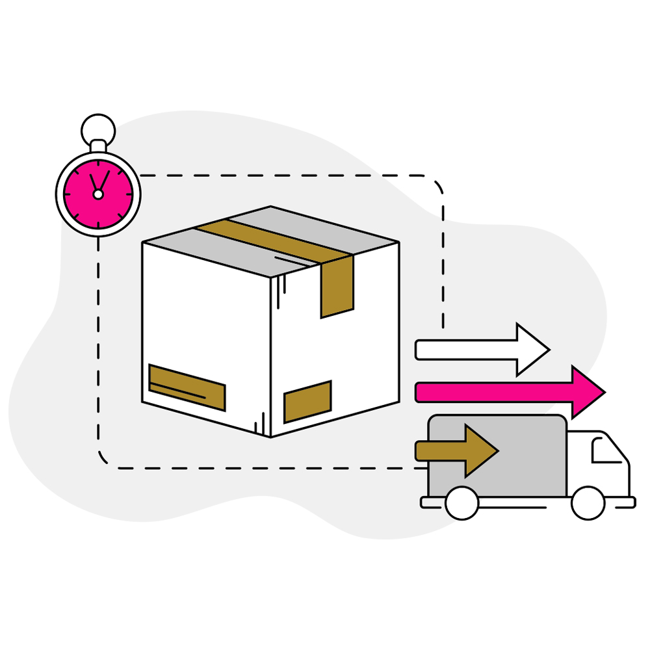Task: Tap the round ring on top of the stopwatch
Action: click(98, 129)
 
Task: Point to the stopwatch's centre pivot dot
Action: click(98, 194)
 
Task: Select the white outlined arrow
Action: click(481, 350)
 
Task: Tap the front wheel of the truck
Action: click(588, 503)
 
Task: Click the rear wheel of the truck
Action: click(462, 503)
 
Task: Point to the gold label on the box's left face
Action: click(187, 387)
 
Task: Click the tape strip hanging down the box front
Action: click(337, 286)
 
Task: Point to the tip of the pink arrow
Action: click(604, 392)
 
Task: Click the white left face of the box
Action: click(201, 318)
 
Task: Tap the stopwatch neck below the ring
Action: click(98, 146)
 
